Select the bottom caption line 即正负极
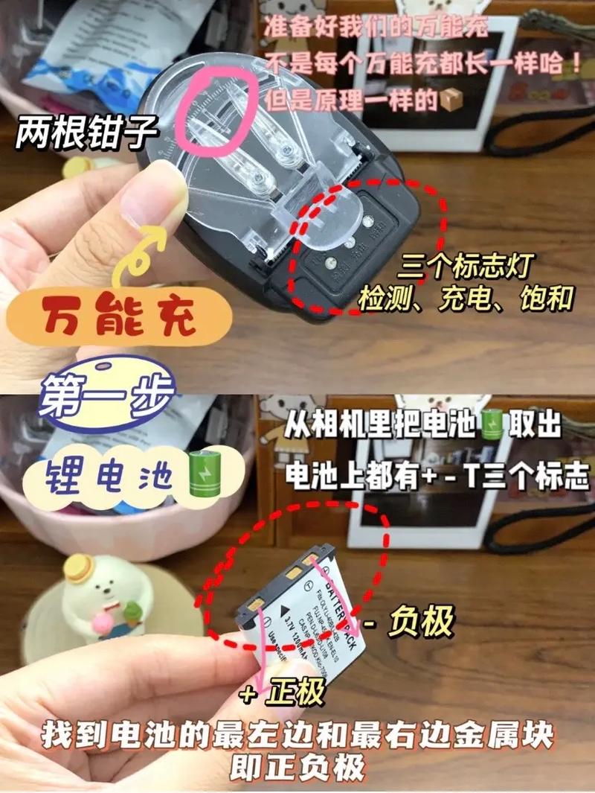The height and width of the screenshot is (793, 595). click(297, 767)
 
